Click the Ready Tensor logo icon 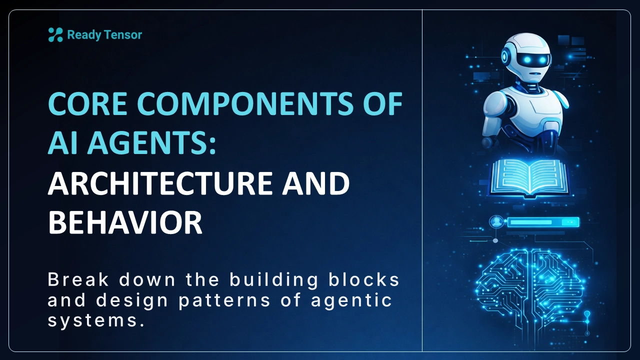coord(55,35)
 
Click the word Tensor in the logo coord(123,35)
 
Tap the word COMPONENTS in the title coord(245,103)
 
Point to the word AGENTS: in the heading coord(151,143)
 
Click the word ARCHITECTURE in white coord(160,183)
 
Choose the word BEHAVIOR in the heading coord(125,222)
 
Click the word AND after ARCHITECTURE coord(316,183)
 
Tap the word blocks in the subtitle coord(363,279)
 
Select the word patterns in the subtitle coord(224,300)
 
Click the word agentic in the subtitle coord(351,300)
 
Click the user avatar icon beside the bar coord(497,221)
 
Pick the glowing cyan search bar coord(543,222)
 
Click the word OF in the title coord(383,103)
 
